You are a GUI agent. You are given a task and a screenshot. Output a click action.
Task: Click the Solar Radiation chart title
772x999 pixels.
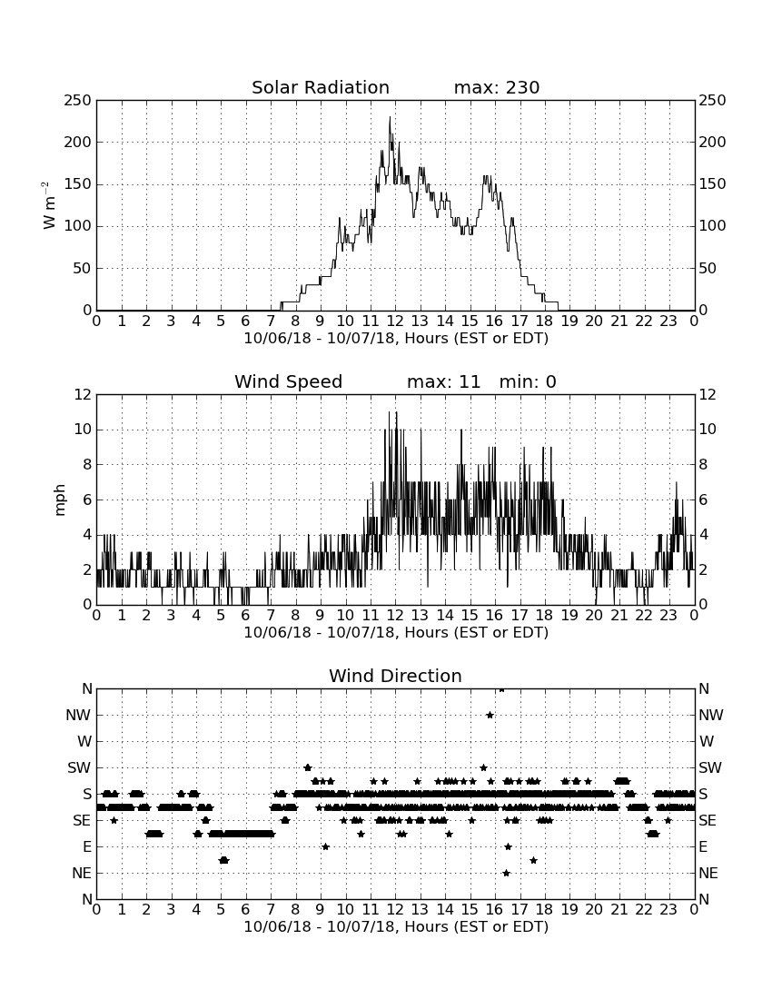[x=321, y=87]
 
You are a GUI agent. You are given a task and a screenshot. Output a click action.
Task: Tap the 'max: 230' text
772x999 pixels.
[x=497, y=87]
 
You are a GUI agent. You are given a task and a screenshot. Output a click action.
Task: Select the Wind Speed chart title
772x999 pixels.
[x=289, y=381]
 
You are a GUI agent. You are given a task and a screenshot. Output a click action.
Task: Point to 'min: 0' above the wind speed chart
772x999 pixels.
[x=528, y=381]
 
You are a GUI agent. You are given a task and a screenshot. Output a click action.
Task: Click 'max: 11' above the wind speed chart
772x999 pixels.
[x=443, y=381]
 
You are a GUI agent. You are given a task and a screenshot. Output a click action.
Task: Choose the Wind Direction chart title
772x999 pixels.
[x=395, y=676]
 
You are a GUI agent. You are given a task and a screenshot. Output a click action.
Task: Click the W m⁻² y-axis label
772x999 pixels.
[x=48, y=205]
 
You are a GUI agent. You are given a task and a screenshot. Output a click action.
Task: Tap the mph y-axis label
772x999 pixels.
[x=60, y=500]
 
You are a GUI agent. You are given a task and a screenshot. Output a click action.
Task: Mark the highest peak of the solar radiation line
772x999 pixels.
[x=390, y=117]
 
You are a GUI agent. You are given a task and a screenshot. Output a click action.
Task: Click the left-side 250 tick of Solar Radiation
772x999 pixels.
[x=78, y=101]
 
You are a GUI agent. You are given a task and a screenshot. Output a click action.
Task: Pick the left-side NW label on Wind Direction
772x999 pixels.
[x=78, y=716]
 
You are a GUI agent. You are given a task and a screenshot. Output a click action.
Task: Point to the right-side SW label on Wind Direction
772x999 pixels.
[x=710, y=767]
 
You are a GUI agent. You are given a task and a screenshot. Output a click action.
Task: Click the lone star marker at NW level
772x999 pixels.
[x=490, y=715]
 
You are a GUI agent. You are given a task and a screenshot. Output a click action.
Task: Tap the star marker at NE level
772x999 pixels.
[x=506, y=873]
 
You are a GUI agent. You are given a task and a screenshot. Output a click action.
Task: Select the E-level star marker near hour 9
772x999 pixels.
[x=325, y=846]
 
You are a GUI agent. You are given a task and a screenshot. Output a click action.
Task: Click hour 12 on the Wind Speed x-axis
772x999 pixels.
[x=395, y=616]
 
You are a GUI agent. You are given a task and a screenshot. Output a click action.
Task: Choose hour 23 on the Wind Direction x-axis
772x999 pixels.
[x=668, y=910]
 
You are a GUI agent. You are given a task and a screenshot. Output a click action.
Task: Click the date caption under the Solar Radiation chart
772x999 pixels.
[x=396, y=339]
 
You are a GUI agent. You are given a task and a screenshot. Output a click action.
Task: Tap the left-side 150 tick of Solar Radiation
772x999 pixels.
[x=78, y=184]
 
